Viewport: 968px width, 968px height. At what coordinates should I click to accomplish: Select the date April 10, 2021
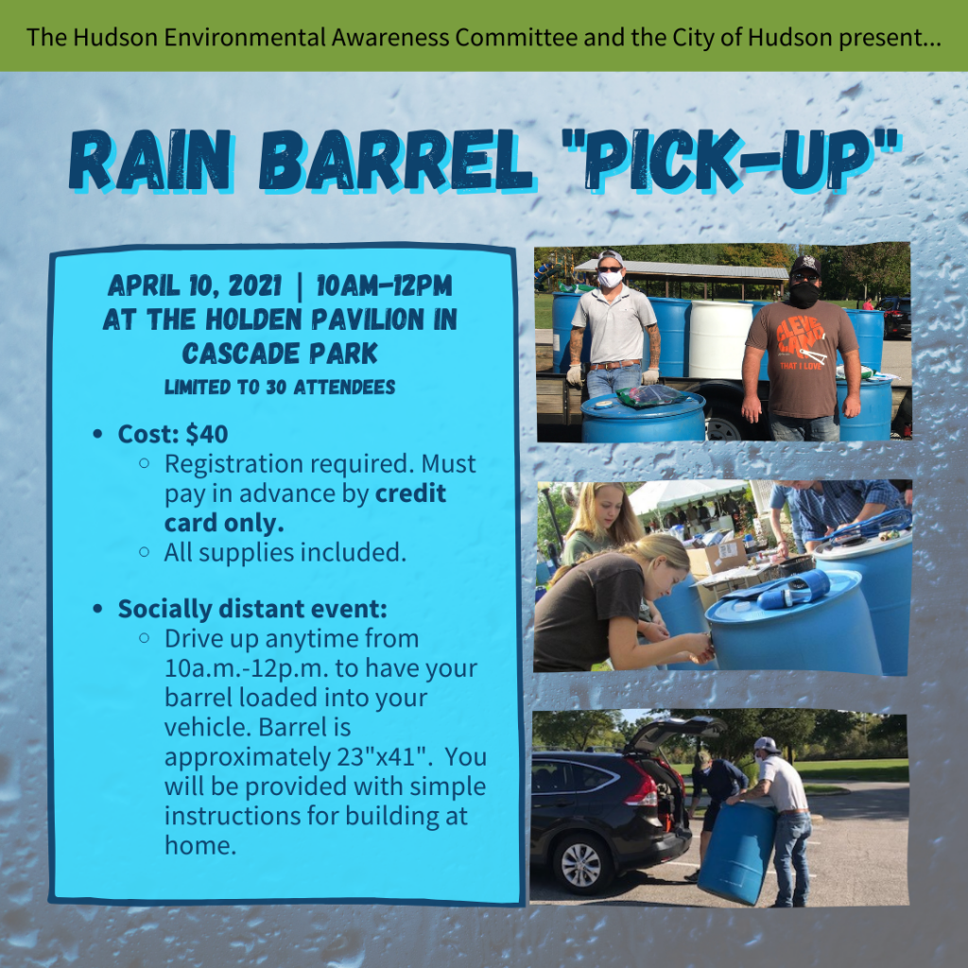195,285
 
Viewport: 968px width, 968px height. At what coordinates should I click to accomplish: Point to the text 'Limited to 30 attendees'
280,387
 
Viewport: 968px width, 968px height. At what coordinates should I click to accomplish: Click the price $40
207,434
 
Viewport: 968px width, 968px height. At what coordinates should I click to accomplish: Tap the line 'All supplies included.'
285,552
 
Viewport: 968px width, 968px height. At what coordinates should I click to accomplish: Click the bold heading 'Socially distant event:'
252,608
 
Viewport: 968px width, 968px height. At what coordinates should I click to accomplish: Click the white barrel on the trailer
719,337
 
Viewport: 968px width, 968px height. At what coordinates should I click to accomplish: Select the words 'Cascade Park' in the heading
280,354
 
